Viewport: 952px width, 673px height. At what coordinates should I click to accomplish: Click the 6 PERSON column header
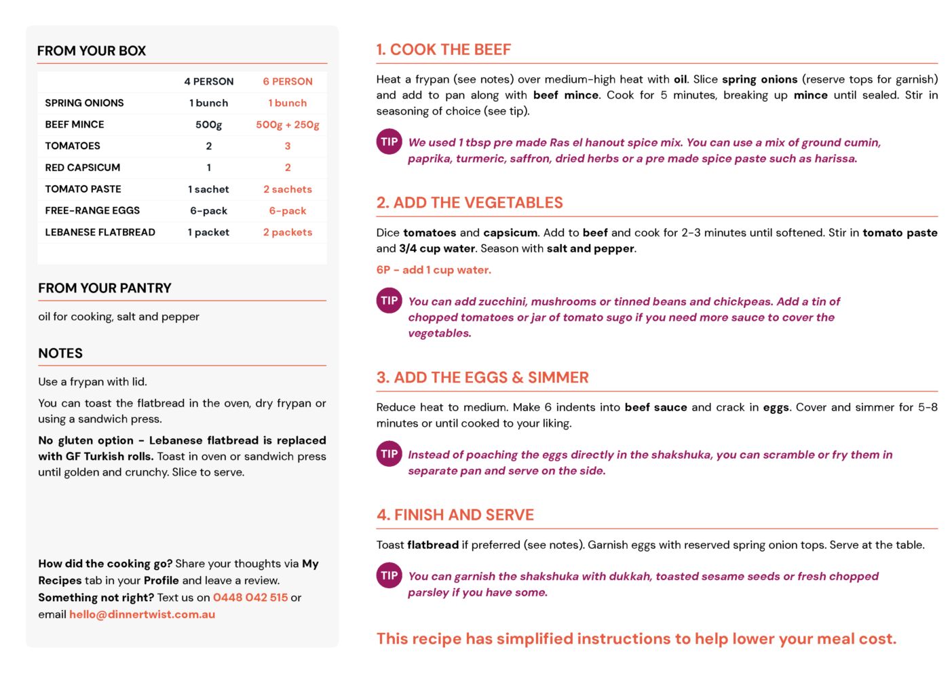[288, 81]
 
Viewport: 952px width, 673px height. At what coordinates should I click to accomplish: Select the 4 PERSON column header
[208, 81]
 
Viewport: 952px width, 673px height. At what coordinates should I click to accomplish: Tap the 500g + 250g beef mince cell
[288, 125]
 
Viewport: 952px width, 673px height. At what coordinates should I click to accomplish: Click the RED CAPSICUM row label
[83, 168]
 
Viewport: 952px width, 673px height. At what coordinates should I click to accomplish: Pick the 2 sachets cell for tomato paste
[288, 189]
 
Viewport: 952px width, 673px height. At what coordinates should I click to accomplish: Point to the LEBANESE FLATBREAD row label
[100, 232]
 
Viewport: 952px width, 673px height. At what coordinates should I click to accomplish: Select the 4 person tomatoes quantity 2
[209, 146]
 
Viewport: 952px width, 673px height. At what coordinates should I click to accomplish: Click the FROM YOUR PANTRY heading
[104, 288]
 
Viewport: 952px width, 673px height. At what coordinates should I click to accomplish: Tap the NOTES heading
[60, 353]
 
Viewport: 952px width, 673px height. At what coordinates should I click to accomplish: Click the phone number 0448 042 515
[250, 598]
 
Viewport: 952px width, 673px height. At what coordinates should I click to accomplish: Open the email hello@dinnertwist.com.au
[142, 615]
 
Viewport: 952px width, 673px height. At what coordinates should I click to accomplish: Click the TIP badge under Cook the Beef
[389, 142]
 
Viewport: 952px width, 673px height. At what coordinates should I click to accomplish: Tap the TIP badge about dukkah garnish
[389, 576]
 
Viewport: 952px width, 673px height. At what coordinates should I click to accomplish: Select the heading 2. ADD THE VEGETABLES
[470, 203]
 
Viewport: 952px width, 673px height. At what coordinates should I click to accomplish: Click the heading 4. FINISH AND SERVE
[455, 515]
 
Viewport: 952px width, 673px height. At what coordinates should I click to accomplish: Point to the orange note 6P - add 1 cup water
[434, 270]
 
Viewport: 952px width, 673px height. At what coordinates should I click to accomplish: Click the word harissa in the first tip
[835, 159]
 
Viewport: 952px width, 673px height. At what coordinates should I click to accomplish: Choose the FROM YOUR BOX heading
[92, 51]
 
